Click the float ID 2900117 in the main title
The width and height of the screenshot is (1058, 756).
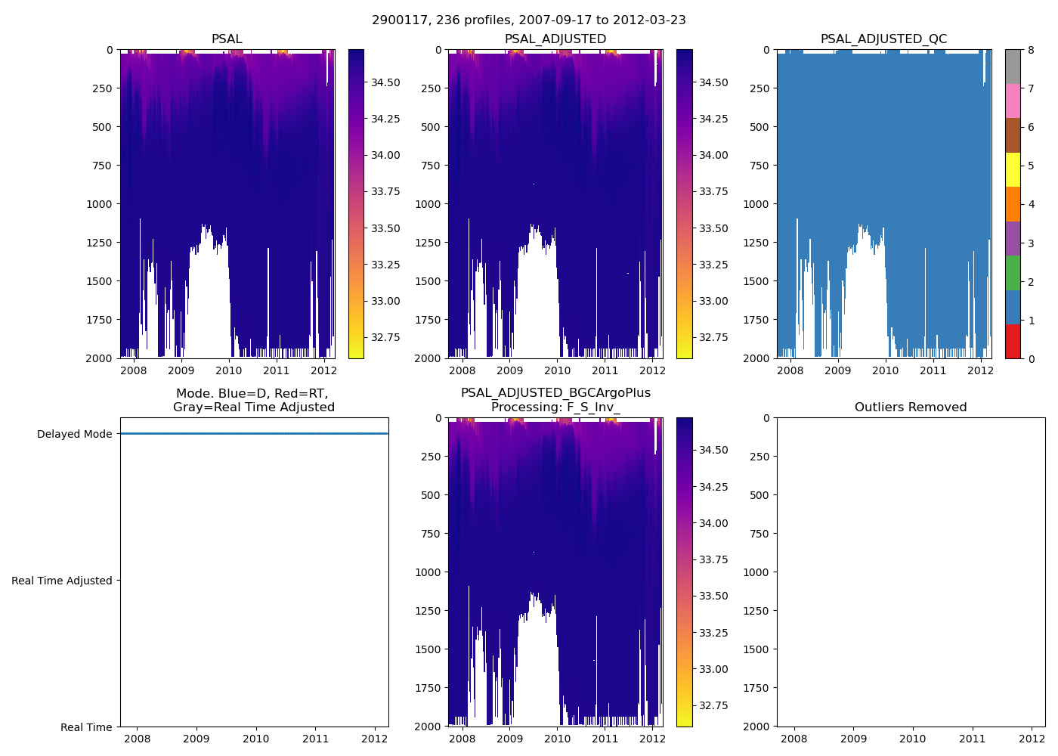(x=400, y=20)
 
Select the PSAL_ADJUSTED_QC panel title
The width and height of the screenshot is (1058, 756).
(x=883, y=39)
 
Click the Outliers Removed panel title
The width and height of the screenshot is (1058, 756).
(x=910, y=407)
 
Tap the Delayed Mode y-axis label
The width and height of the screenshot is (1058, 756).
(x=74, y=434)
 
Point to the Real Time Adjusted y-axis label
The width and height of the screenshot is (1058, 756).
(x=61, y=581)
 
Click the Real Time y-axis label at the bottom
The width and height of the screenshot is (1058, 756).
(x=86, y=727)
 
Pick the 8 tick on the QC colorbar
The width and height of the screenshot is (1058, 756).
(x=1031, y=50)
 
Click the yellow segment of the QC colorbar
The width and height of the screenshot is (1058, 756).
(x=1013, y=169)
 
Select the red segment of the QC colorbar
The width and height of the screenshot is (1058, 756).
(x=1013, y=341)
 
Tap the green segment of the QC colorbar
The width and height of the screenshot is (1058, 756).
(x=1013, y=272)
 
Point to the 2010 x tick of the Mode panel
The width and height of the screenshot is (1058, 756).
(x=256, y=739)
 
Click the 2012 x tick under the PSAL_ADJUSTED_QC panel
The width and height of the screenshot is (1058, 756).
(x=980, y=370)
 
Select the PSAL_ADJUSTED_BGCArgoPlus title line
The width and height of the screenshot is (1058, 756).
(x=555, y=393)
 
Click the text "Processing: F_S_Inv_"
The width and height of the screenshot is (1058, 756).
(x=555, y=407)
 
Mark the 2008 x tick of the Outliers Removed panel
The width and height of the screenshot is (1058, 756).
(x=793, y=739)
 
